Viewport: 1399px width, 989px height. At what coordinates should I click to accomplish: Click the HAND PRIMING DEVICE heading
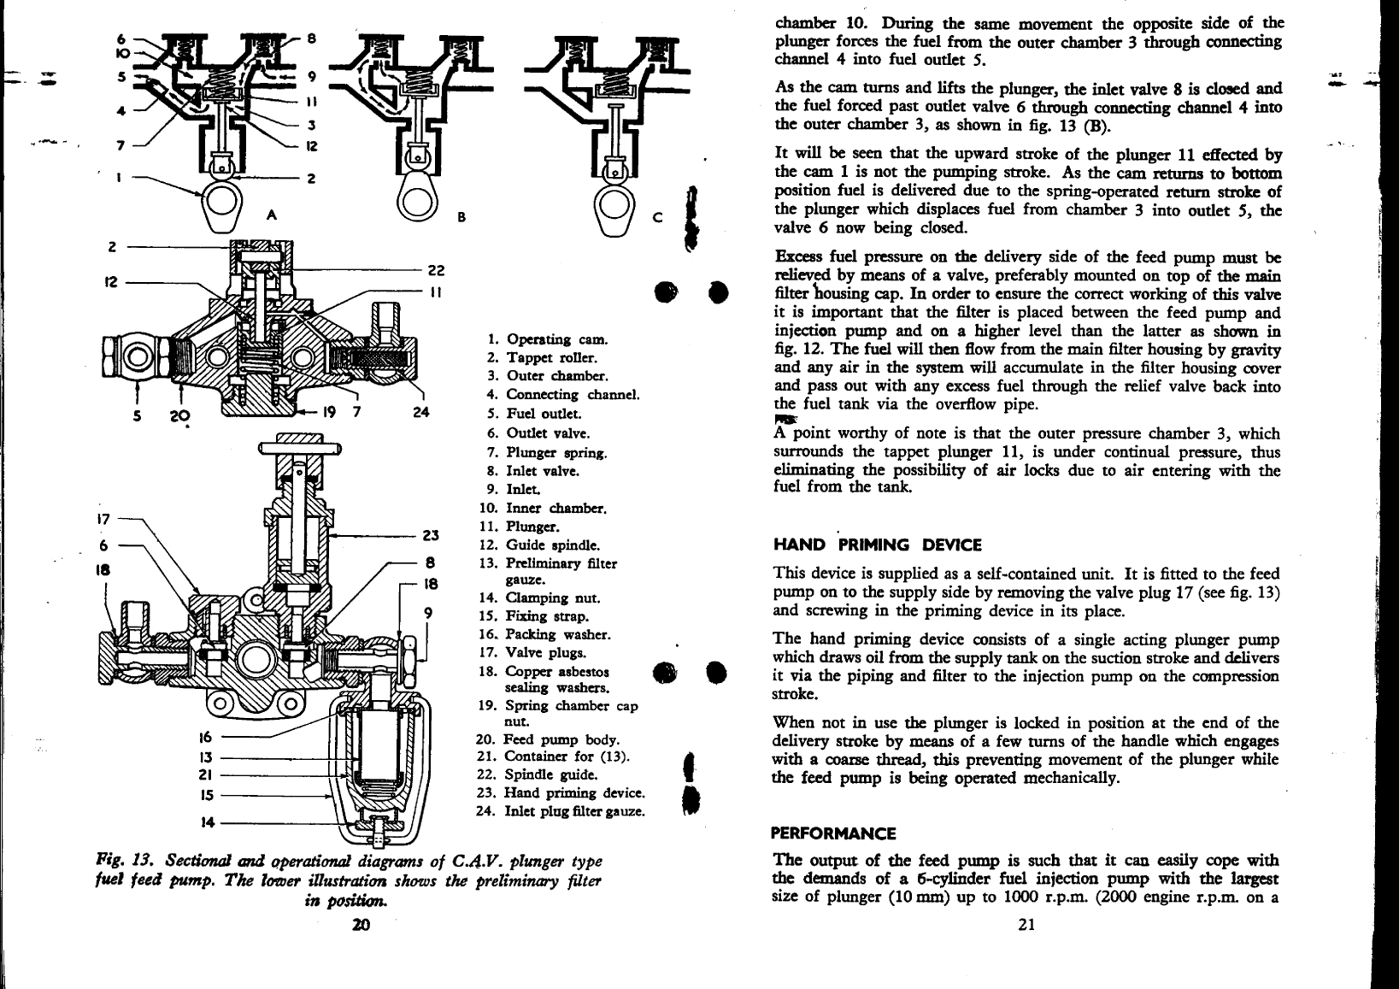(x=877, y=545)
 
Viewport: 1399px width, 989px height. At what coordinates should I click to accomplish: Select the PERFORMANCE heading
(x=832, y=833)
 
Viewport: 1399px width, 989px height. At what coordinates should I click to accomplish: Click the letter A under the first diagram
(x=273, y=215)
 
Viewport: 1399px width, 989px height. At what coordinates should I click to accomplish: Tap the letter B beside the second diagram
(x=461, y=216)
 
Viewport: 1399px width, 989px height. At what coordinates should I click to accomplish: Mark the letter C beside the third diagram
(x=656, y=216)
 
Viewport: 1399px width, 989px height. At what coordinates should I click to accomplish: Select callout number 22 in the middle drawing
(x=436, y=271)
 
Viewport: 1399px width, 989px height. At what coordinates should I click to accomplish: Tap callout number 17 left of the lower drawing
(x=103, y=517)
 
